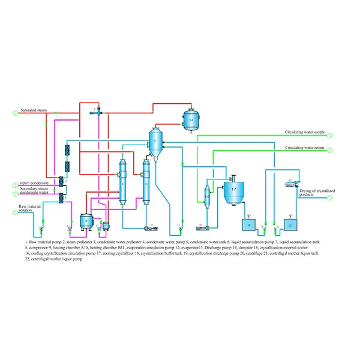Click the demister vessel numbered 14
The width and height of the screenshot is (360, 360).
[x=191, y=119]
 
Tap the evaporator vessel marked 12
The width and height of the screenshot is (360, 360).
[x=155, y=142]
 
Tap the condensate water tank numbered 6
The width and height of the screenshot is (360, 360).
[x=86, y=221]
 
